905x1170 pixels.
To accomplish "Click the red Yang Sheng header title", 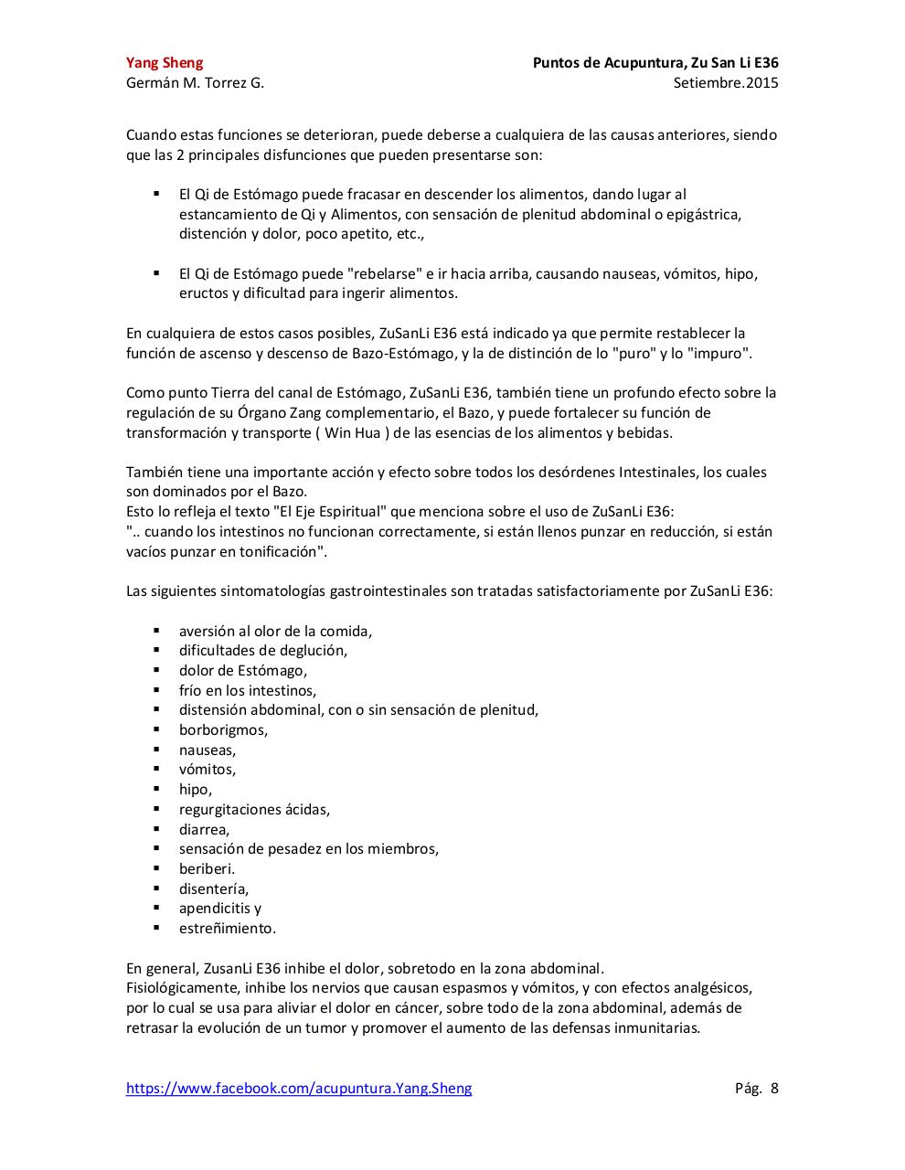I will point(165,63).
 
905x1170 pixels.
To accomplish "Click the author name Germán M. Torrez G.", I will point(195,83).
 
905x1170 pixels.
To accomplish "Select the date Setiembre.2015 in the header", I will point(725,83).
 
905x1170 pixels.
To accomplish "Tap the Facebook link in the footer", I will point(299,1088).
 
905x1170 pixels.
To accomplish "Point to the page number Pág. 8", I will point(756,1088).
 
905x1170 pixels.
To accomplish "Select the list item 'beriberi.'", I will point(207,868).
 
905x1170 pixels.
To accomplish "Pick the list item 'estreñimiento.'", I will point(227,928).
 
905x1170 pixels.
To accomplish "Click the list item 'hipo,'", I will point(195,789).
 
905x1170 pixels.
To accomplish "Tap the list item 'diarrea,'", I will point(204,829).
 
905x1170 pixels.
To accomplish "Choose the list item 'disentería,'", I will point(213,888).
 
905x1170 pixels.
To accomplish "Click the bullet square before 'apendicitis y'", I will point(157,908).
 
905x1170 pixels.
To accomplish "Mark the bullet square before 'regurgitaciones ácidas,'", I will point(157,809).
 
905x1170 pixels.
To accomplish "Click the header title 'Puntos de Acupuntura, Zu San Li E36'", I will point(655,63).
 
